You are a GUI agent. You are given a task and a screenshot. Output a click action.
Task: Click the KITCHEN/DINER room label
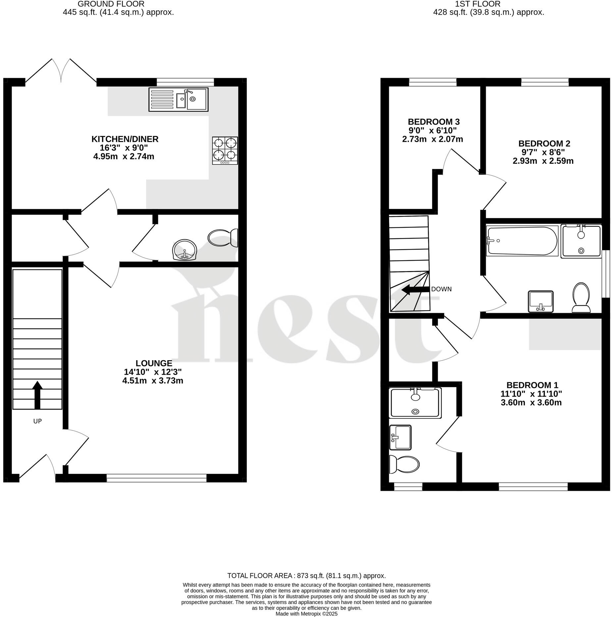pos(125,139)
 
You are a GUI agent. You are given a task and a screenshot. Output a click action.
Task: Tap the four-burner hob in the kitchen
pos(225,151)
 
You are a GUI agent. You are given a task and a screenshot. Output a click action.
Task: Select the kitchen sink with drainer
pos(178,99)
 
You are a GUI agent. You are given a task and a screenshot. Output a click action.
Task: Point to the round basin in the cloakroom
pos(185,250)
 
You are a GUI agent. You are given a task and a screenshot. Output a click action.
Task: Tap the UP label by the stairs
pos(37,421)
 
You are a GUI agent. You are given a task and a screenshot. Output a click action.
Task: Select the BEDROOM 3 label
pos(433,121)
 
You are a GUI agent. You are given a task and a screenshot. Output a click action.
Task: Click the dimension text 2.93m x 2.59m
pos(543,161)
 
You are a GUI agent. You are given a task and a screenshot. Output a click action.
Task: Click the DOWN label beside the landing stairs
pos(441,289)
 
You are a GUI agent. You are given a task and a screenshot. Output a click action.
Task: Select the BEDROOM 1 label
pos(532,385)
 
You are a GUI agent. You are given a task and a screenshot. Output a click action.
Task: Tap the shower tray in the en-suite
pos(416,403)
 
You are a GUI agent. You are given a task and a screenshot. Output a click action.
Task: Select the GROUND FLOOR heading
pos(111,4)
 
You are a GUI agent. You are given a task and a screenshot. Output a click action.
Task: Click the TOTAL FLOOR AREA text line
pos(306,576)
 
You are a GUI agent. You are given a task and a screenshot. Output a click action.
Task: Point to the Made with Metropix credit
pos(306,614)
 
